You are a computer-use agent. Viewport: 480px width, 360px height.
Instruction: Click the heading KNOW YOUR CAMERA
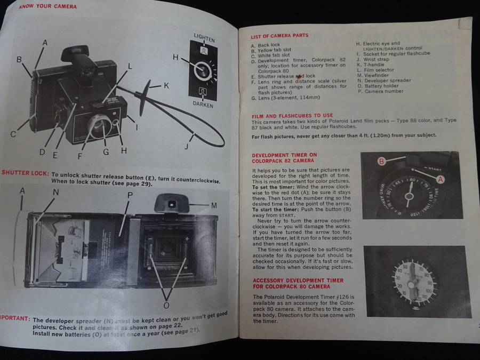[47, 7]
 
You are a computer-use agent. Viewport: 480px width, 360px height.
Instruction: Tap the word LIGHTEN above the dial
[204, 39]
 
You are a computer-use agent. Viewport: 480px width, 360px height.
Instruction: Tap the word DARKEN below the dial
[203, 105]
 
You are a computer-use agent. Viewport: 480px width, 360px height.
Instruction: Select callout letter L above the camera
[130, 64]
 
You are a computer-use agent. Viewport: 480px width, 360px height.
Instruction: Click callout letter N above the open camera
[55, 191]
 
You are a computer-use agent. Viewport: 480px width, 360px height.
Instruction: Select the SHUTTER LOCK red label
[24, 173]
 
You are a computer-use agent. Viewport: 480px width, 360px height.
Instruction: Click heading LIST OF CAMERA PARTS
[279, 36]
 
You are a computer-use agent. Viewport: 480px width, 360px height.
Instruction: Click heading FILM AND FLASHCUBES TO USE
[292, 115]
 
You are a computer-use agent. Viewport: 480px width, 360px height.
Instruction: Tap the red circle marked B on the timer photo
[382, 161]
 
